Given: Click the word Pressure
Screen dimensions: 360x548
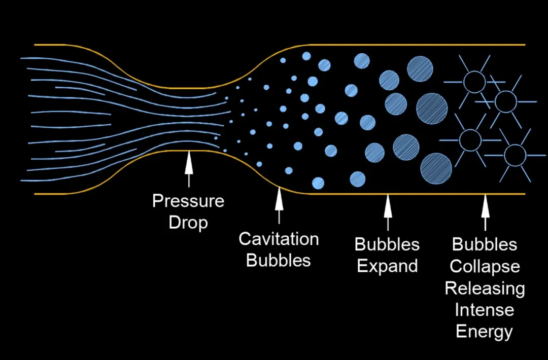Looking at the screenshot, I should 188,201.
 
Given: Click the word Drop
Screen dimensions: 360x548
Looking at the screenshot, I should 188,222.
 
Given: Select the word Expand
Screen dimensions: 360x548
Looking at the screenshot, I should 387,266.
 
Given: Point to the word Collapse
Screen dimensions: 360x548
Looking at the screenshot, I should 485,266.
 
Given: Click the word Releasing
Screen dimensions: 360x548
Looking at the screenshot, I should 485,288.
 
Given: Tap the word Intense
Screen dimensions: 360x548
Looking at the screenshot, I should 485,309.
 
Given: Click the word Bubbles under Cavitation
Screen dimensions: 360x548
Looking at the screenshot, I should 279,260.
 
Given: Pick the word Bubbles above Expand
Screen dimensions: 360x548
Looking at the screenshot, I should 387,244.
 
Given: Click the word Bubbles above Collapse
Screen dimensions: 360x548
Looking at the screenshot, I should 485,244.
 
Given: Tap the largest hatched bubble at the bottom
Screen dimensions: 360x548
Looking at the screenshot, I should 436,168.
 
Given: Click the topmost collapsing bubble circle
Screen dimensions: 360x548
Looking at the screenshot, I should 475,82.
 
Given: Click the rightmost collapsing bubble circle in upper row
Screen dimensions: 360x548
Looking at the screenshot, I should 505,102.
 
